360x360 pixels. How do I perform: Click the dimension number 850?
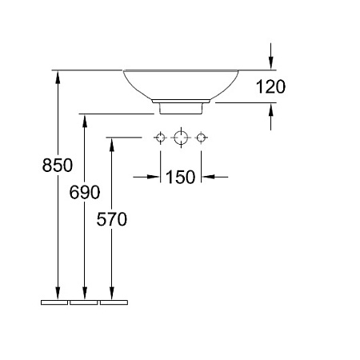click(58, 165)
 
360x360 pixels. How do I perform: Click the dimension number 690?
click(85, 192)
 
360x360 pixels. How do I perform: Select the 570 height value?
click(112, 219)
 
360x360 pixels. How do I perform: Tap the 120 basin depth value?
click(270, 86)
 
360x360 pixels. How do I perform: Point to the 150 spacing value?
click(181, 177)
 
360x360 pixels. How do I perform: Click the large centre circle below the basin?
click(181, 138)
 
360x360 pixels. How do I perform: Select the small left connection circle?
click(160, 138)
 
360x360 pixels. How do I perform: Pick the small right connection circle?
click(201, 138)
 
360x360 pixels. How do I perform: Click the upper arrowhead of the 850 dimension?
click(58, 77)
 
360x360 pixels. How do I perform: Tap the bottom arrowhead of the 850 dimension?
click(58, 294)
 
